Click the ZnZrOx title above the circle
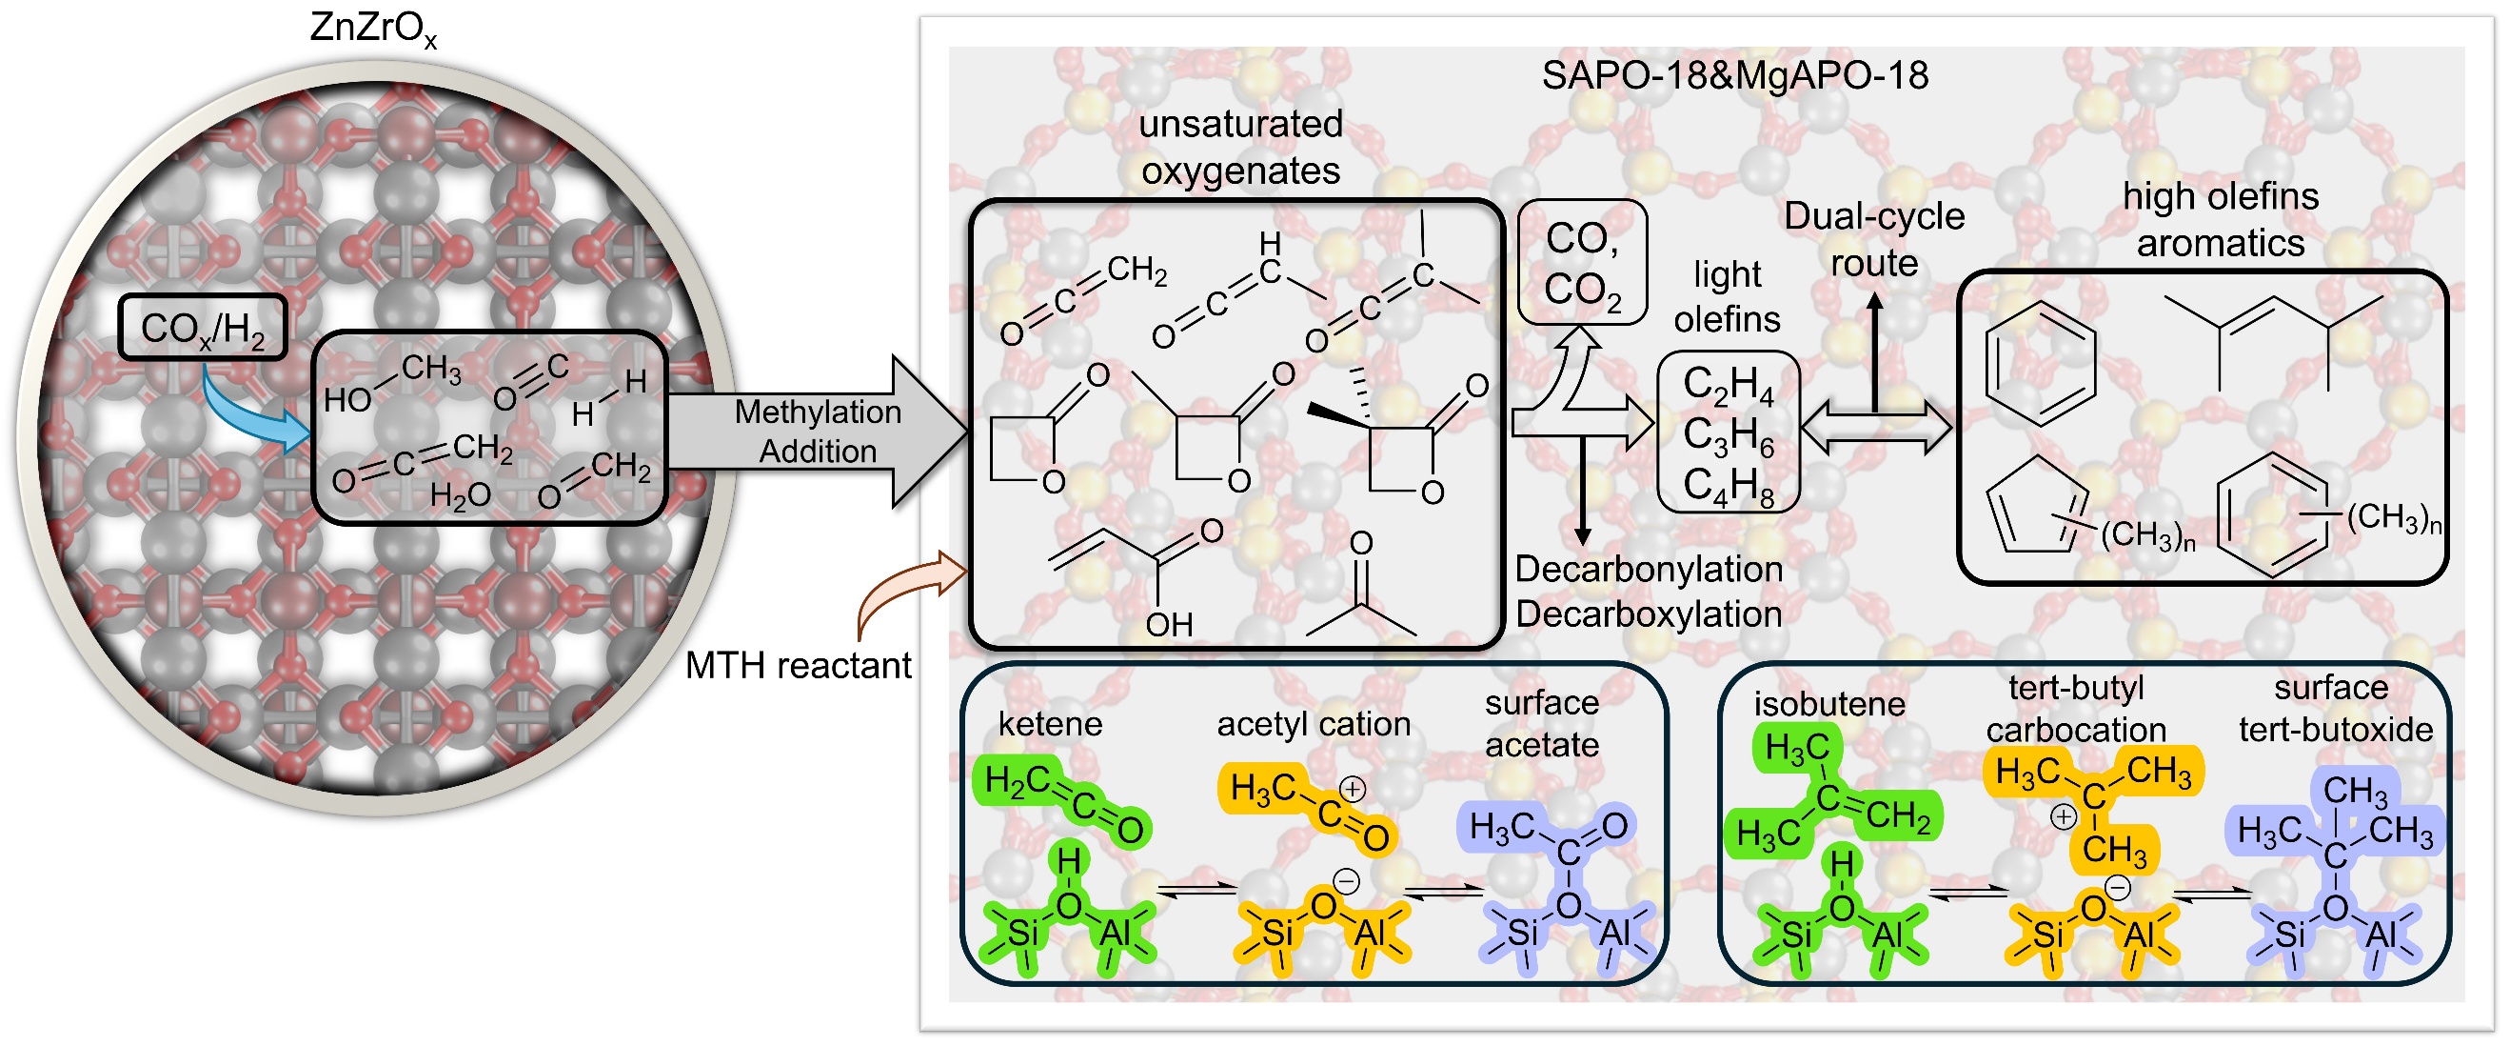pyautogui.click(x=373, y=30)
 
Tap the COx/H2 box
pyautogui.click(x=203, y=328)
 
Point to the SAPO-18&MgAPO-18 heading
pyautogui.click(x=1734, y=76)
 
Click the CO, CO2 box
pyautogui.click(x=1582, y=262)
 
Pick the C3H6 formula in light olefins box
pyautogui.click(x=1729, y=434)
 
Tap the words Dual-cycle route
pyautogui.click(x=1874, y=240)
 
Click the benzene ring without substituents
pyautogui.click(x=2041, y=364)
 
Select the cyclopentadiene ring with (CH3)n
pyautogui.click(x=2036, y=507)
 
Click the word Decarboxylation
pyautogui.click(x=1649, y=614)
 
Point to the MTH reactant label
pyautogui.click(x=798, y=666)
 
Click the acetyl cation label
pyautogui.click(x=1314, y=723)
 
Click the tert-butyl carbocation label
pyautogui.click(x=2075, y=709)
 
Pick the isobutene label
pyautogui.click(x=1828, y=704)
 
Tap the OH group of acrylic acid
pyautogui.click(x=1169, y=625)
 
